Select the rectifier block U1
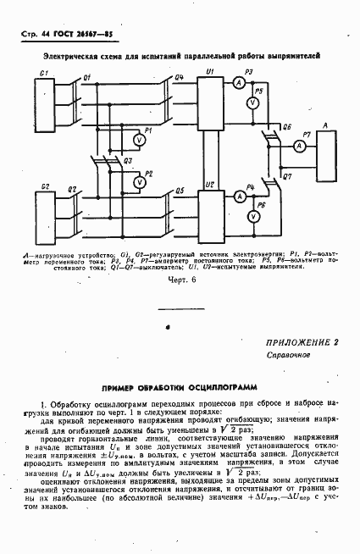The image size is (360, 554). [x=210, y=102]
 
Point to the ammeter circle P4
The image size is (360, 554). [x=240, y=196]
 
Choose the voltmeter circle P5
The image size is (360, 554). [x=252, y=102]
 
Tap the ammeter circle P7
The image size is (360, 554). [x=298, y=146]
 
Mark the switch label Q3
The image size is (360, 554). [x=127, y=159]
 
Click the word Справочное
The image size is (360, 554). [x=285, y=356]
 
